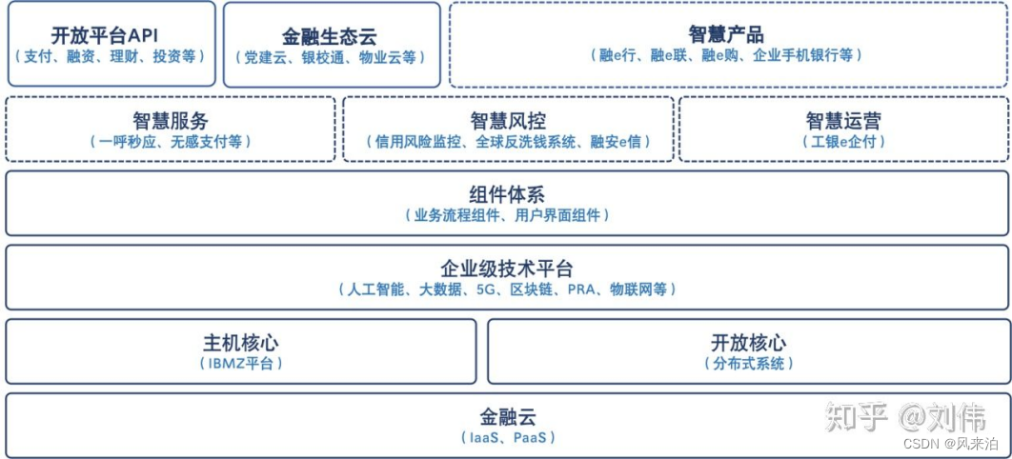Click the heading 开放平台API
(111, 36)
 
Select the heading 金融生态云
(330, 37)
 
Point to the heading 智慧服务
(171, 121)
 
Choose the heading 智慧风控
(508, 121)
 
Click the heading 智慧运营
(843, 121)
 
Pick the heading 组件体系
(507, 195)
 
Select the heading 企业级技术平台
(507, 269)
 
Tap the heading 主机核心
(240, 343)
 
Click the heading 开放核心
(749, 343)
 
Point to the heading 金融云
(507, 417)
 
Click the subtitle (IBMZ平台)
(241, 363)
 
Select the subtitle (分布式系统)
(749, 363)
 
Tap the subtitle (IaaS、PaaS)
(507, 437)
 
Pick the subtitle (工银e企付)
(843, 141)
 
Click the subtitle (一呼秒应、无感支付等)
(171, 141)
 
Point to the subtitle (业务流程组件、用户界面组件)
(507, 215)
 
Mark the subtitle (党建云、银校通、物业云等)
(330, 57)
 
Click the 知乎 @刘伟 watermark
(905, 417)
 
